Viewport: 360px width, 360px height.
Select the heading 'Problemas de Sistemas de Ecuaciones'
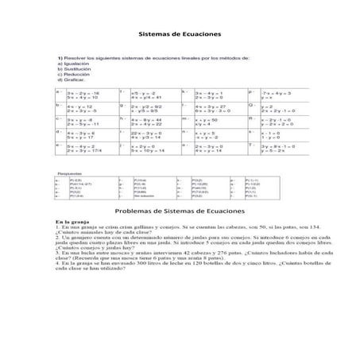pyautogui.click(x=179, y=211)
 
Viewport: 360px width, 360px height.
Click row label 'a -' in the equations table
pyautogui.click(x=60, y=91)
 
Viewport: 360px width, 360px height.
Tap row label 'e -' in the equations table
pyautogui.click(x=59, y=145)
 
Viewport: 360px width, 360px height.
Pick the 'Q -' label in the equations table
pyautogui.click(x=252, y=104)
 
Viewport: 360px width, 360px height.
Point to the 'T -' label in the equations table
pyautogui.click(x=252, y=145)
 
